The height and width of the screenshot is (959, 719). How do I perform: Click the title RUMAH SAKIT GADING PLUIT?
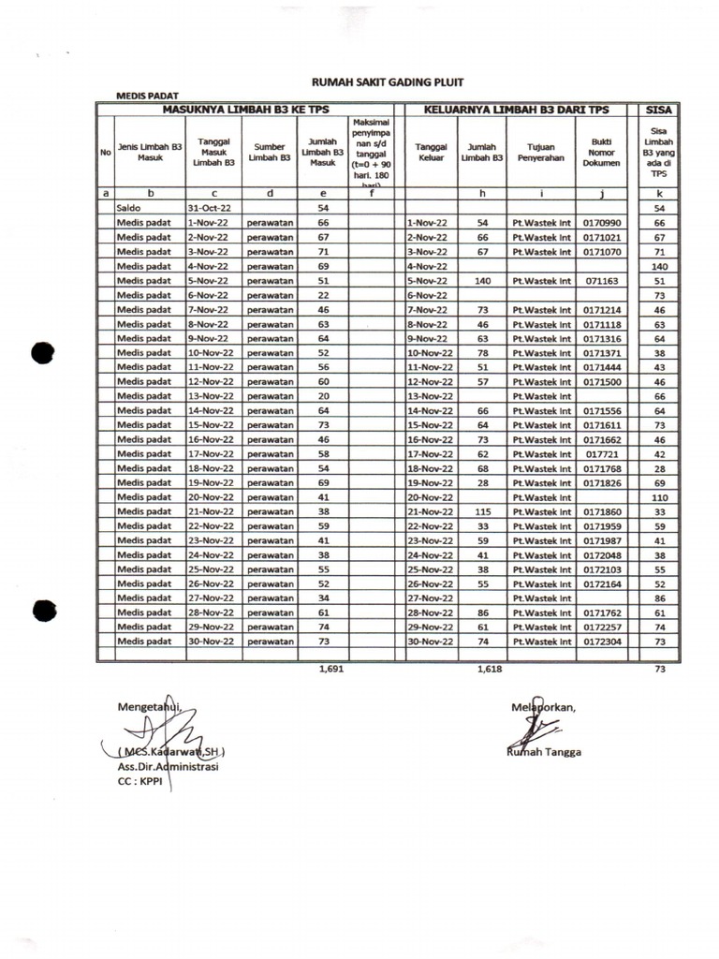(387, 82)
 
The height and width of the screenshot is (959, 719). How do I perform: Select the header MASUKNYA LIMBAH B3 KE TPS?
(245, 110)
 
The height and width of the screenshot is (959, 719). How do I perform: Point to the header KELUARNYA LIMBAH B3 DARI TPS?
(516, 110)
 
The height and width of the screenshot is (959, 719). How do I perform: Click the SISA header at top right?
(659, 110)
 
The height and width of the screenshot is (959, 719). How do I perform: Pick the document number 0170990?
(602, 224)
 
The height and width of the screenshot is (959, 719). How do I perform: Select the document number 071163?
(602, 281)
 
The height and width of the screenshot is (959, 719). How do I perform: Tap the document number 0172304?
(602, 642)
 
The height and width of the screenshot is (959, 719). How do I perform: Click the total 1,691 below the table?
(331, 670)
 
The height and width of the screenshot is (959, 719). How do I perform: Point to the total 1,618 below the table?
(490, 670)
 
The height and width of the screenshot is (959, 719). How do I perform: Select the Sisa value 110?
(659, 497)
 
